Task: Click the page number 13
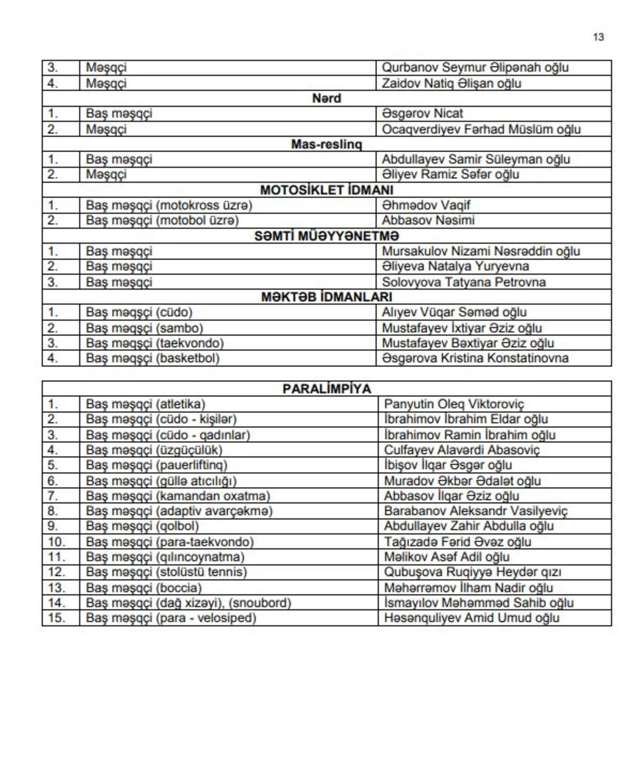click(598, 37)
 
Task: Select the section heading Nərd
click(327, 98)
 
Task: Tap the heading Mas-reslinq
click(327, 144)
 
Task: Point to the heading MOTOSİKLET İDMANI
click(327, 190)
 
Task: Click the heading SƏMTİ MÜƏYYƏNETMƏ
click(327, 236)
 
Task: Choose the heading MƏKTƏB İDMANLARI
click(327, 297)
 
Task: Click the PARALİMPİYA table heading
click(327, 389)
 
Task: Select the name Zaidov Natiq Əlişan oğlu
click(451, 83)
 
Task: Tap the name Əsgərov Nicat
click(422, 114)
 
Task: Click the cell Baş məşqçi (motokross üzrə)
click(169, 205)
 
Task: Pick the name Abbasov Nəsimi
click(428, 220)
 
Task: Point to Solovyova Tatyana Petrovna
click(464, 282)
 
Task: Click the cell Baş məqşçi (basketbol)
click(152, 358)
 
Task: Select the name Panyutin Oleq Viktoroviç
click(454, 404)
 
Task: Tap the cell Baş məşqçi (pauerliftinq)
click(156, 465)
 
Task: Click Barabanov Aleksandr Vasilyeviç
click(475, 511)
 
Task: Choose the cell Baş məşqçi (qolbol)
click(142, 526)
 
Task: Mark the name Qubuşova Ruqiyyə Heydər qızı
click(472, 572)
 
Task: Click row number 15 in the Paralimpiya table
click(56, 618)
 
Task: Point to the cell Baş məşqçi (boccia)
click(143, 587)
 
